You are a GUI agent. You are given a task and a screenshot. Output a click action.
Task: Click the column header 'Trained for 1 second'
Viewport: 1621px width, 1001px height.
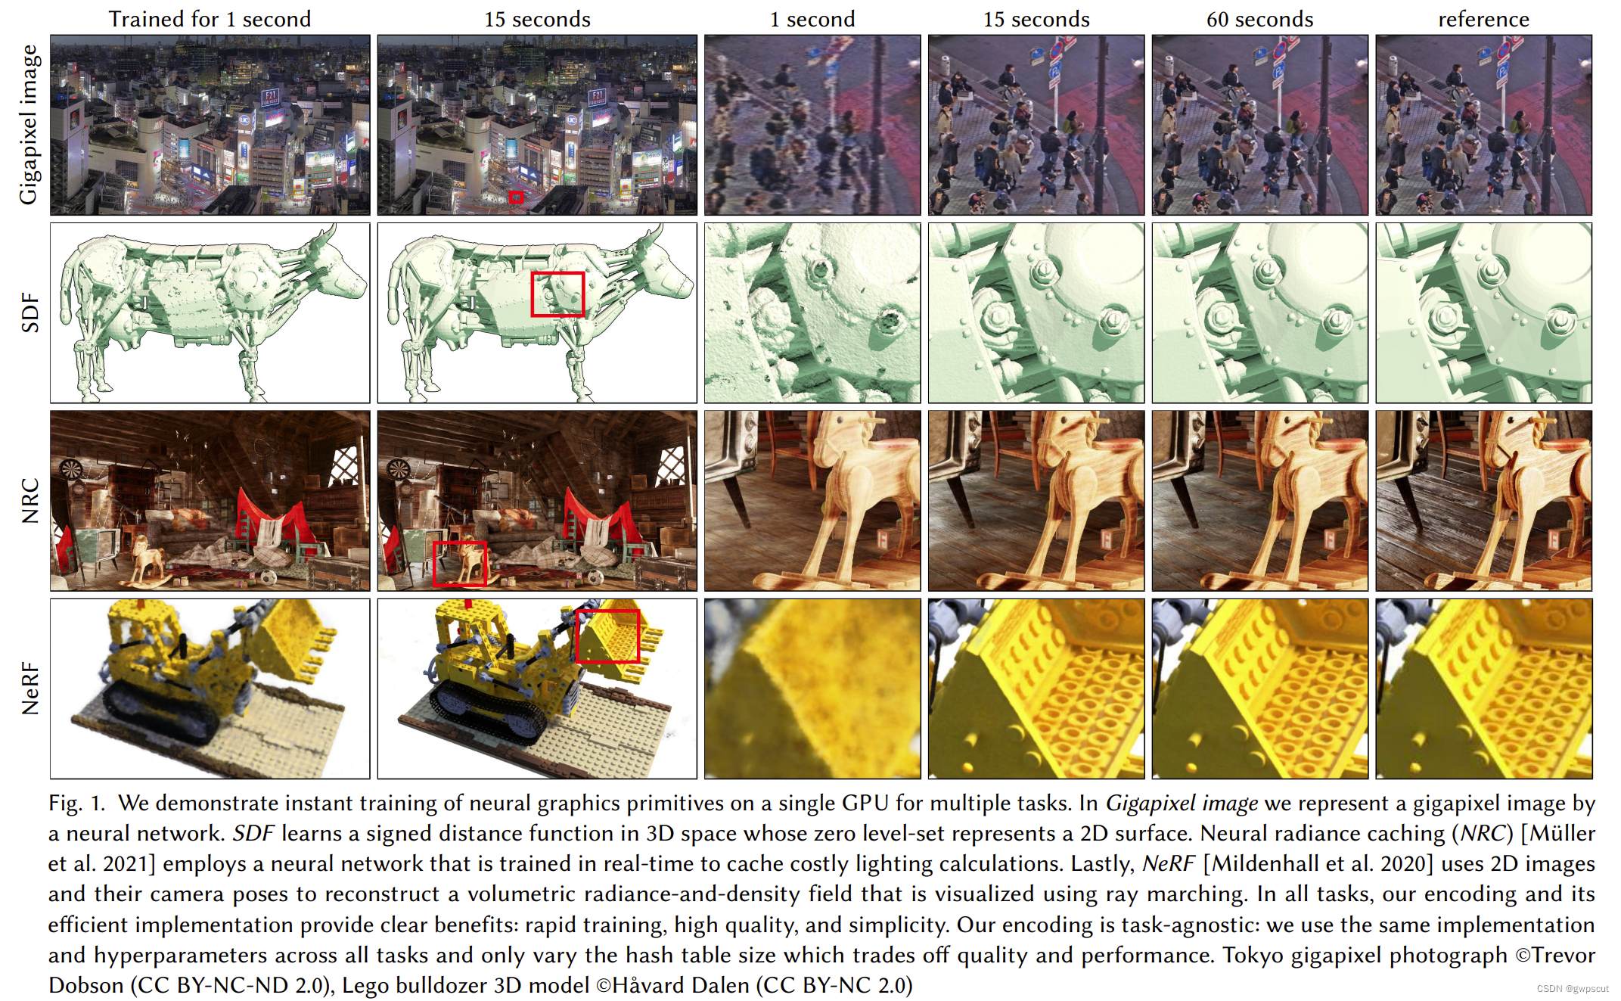[x=210, y=19]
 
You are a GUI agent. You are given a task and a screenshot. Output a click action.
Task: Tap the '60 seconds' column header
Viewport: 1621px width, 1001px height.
[x=1259, y=19]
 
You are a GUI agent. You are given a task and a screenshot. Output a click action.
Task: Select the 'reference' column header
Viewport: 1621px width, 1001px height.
[x=1483, y=19]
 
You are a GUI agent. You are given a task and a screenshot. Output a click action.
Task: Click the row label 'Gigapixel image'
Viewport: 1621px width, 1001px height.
[x=29, y=125]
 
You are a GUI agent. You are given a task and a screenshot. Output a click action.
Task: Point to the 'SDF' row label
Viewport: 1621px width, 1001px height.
[x=30, y=312]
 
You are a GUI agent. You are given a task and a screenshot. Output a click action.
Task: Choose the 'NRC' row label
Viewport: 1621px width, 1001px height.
[x=30, y=501]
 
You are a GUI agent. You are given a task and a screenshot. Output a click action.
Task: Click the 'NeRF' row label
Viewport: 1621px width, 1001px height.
[x=30, y=689]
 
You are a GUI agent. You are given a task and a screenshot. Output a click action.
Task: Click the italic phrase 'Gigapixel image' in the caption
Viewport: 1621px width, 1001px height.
[x=1182, y=804]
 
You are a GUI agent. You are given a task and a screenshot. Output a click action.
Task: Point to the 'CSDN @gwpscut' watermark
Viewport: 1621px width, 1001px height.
[x=1573, y=988]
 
